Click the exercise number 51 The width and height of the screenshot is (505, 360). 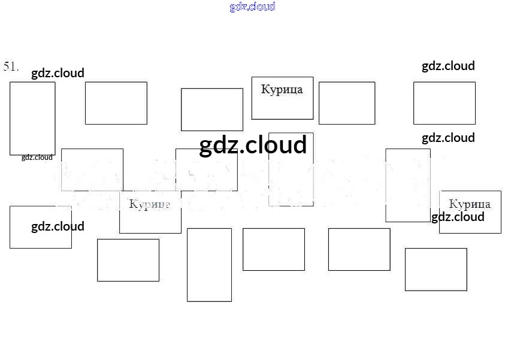(11, 66)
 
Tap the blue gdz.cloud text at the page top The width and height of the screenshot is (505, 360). (252, 7)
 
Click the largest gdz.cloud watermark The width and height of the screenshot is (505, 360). (253, 146)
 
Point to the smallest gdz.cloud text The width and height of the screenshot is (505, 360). (37, 158)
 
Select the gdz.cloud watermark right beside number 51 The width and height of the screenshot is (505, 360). (58, 73)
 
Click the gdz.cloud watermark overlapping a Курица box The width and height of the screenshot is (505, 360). (458, 217)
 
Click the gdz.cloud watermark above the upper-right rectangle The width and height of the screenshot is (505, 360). (448, 66)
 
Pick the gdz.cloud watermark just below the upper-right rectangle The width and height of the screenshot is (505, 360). (448, 138)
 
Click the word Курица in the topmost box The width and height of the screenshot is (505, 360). (282, 90)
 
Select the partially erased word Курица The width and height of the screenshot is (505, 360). (150, 204)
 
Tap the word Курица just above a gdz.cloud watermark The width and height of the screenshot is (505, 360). (470, 204)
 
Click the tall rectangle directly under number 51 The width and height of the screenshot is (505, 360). (32, 118)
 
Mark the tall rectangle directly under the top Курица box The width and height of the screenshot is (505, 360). (291, 170)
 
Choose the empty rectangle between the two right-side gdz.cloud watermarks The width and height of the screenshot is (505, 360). (444, 103)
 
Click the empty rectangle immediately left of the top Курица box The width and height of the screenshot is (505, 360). (212, 110)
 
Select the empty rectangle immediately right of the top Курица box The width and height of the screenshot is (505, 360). (347, 103)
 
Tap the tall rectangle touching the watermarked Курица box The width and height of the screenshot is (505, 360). (408, 185)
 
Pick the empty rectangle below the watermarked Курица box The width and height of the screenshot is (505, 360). (436, 270)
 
